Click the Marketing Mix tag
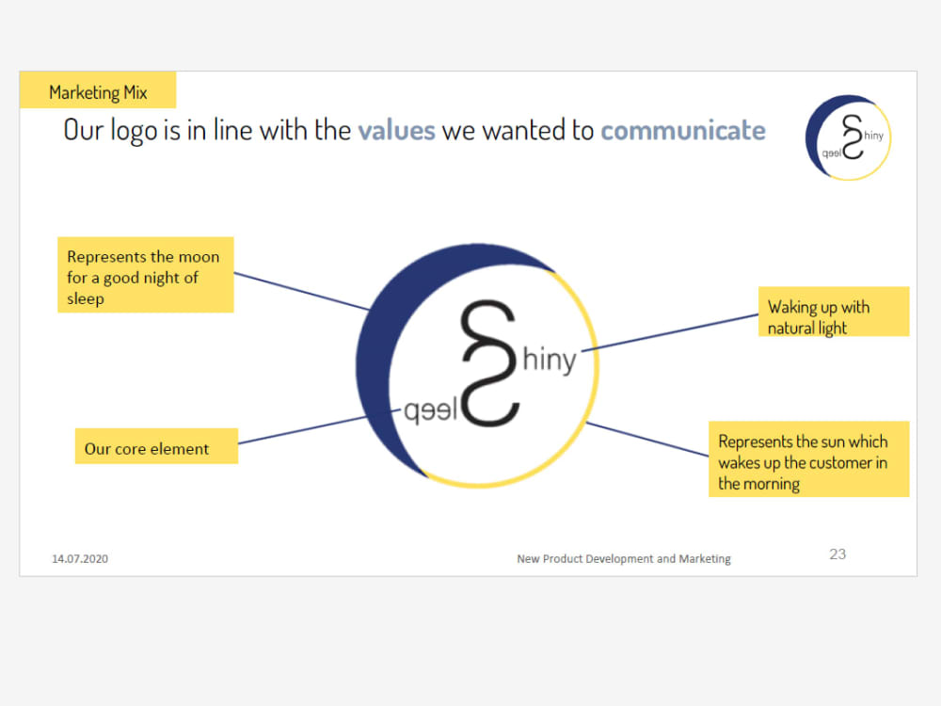[x=98, y=92]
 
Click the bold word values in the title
[x=396, y=130]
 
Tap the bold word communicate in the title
[x=682, y=130]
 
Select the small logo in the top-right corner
[x=848, y=137]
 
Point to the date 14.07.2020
[x=80, y=559]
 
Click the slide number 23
[x=837, y=554]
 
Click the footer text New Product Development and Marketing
[x=623, y=559]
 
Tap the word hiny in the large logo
[x=549, y=361]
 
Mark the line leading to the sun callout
[x=647, y=439]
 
